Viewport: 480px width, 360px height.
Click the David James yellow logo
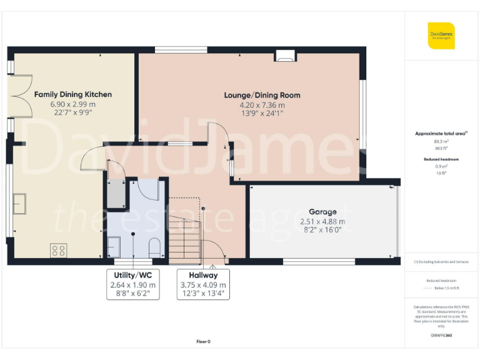point(441,36)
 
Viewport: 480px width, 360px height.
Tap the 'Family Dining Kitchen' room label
point(73,94)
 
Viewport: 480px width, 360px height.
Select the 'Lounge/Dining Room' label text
point(262,96)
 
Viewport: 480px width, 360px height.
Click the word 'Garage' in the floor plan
point(322,212)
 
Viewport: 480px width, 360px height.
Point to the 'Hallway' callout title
point(204,275)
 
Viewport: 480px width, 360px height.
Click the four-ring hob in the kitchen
point(59,251)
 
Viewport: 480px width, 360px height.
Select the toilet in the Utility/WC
point(156,246)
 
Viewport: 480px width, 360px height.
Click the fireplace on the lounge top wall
point(284,57)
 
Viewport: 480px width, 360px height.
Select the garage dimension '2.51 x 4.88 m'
point(322,221)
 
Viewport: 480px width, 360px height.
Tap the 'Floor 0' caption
point(203,341)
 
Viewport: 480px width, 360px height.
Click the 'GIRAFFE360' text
point(441,336)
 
